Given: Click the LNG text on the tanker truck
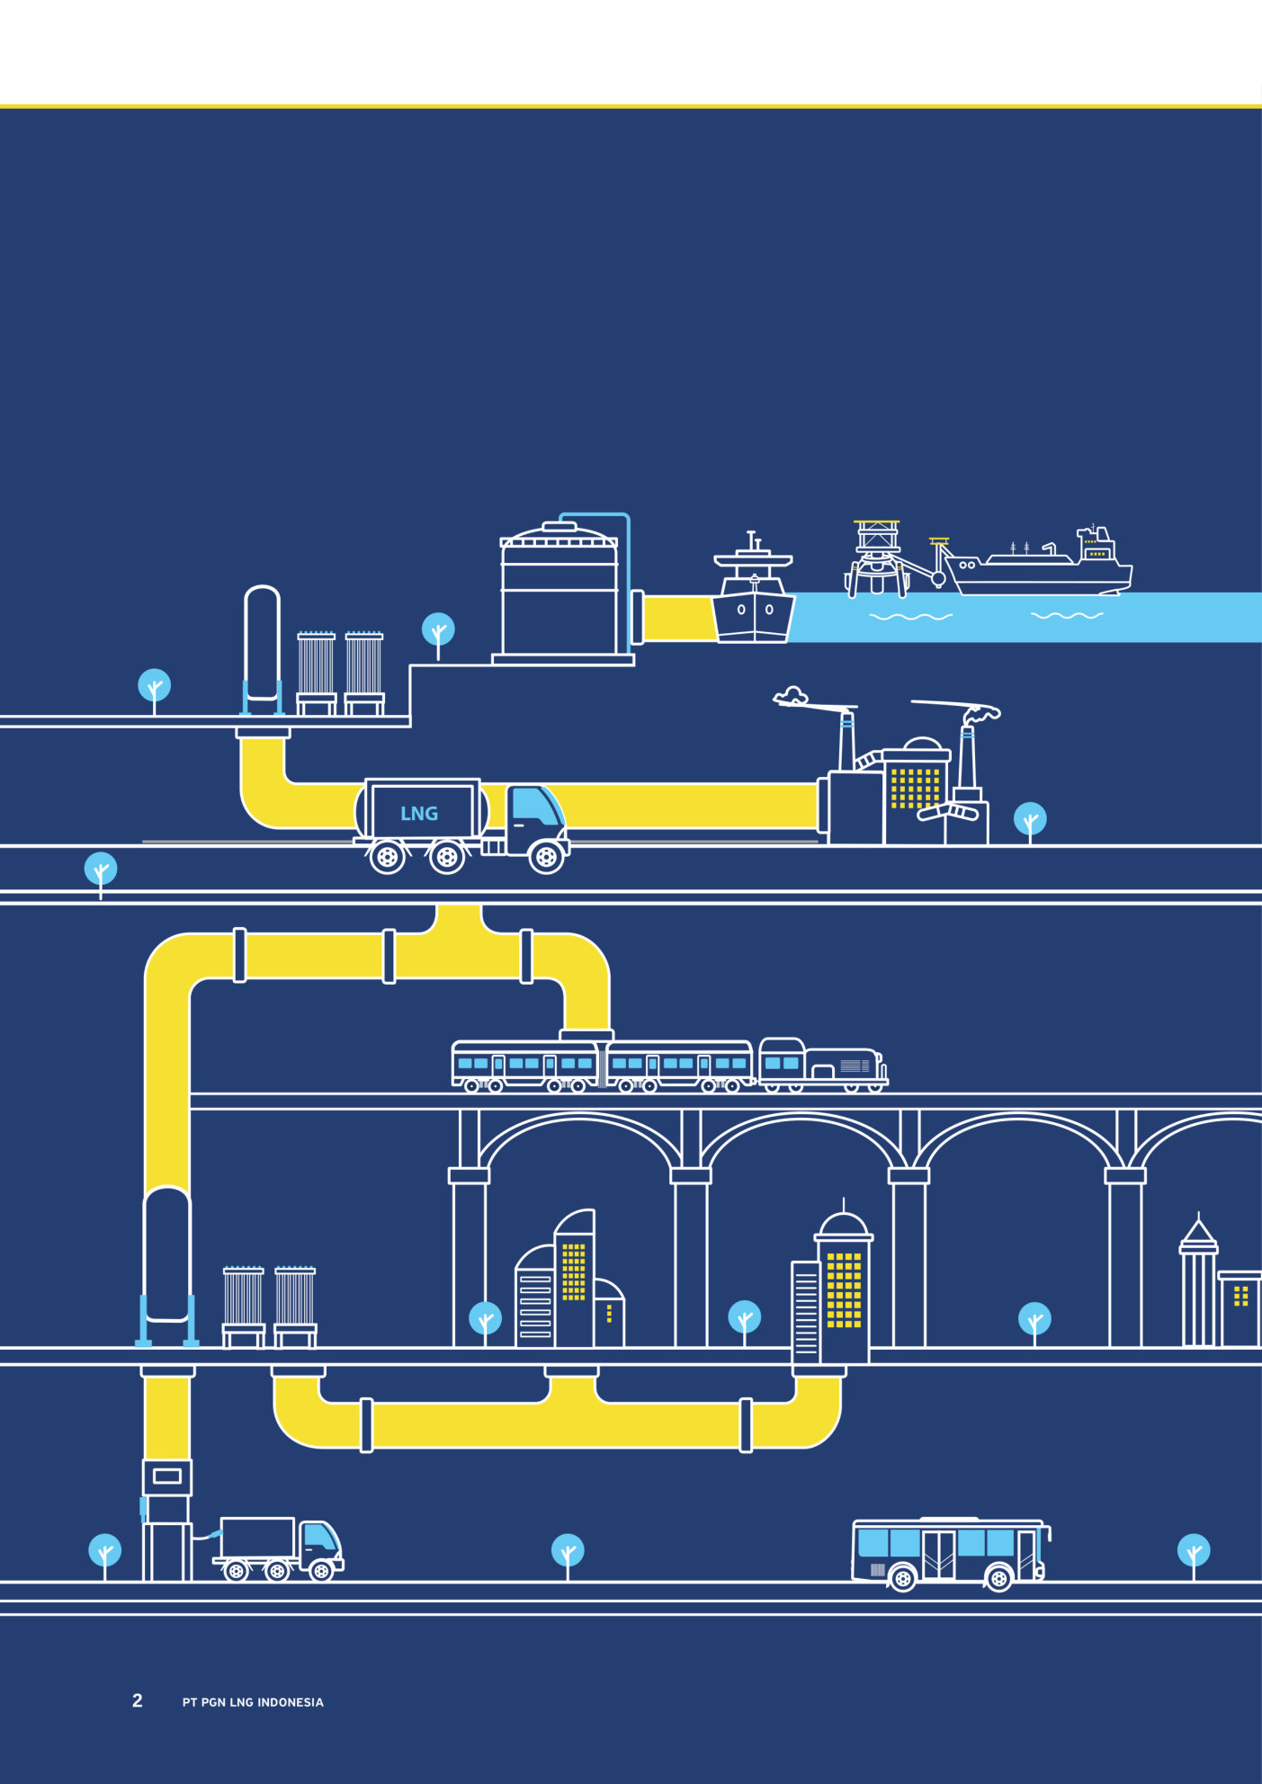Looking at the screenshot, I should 419,814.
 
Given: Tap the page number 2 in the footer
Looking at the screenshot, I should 138,1700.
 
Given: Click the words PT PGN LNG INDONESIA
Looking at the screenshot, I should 253,1702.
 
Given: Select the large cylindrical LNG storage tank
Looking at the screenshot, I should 559,593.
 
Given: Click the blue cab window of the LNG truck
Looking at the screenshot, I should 534,806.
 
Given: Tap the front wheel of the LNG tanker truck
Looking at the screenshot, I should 546,856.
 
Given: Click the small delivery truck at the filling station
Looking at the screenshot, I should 278,1548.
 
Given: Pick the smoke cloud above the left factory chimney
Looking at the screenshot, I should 792,696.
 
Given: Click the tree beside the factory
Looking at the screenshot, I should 1030,820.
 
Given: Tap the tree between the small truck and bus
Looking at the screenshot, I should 568,1551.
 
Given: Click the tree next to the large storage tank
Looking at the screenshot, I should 438,630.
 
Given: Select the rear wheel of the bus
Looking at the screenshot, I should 902,1578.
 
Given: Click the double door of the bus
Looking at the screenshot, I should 938,1554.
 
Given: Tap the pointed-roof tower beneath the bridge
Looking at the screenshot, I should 1198,1281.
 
